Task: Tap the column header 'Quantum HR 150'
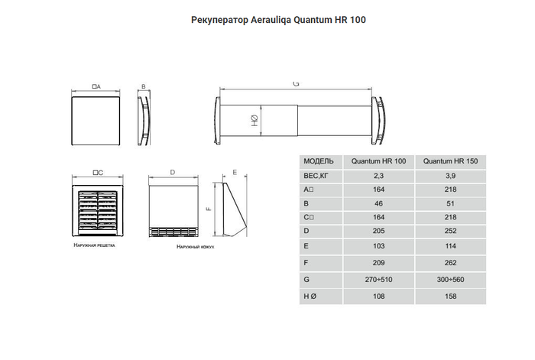449,162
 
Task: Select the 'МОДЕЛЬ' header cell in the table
319,162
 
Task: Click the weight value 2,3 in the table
378,176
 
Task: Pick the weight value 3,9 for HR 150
449,176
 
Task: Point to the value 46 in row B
378,203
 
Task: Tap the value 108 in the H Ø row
378,297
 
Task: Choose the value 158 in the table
449,297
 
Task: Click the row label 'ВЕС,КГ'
316,176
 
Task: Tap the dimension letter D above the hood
173,174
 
